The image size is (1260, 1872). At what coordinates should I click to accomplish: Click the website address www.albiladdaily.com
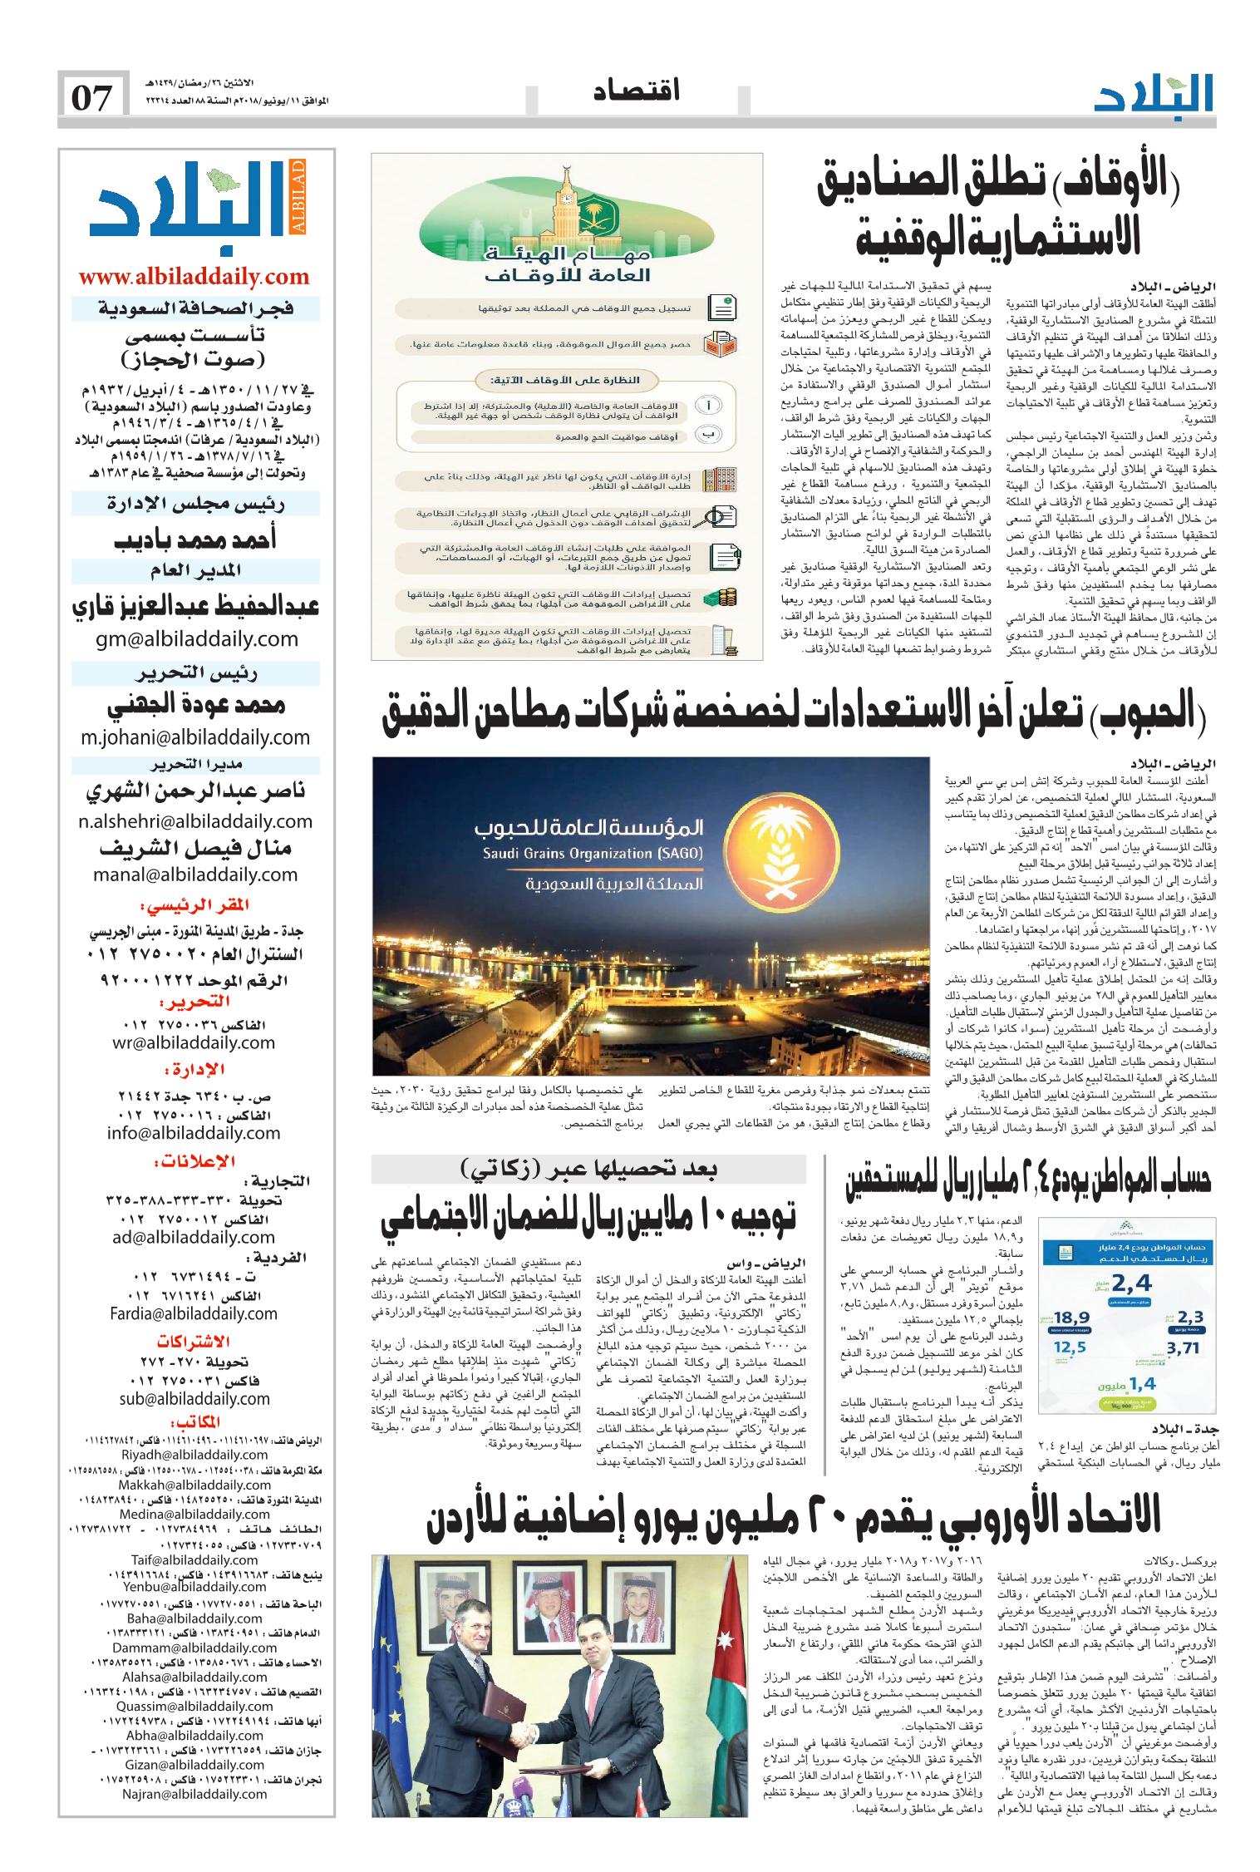pos(194,277)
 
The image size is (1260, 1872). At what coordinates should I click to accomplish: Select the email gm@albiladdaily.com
pos(196,638)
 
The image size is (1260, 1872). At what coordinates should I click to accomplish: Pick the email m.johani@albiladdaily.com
pos(196,736)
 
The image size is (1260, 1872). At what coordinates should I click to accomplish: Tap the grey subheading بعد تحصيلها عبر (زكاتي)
pos(589,1170)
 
